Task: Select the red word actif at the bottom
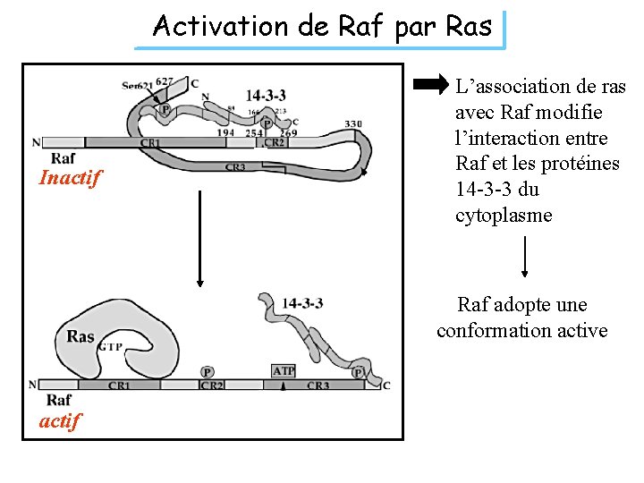[x=60, y=419]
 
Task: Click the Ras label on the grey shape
[x=80, y=336]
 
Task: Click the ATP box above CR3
[x=283, y=369]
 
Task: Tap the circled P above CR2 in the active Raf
[x=208, y=371]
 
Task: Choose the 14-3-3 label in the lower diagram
[x=302, y=303]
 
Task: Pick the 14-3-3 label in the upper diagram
[x=267, y=95]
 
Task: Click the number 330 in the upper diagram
[x=353, y=123]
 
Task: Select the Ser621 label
[x=137, y=85]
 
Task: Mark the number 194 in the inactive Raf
[x=226, y=131]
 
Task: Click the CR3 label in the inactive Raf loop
[x=235, y=166]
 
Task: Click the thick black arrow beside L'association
[x=431, y=86]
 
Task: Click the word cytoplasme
[x=504, y=216]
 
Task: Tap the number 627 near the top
[x=165, y=80]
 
